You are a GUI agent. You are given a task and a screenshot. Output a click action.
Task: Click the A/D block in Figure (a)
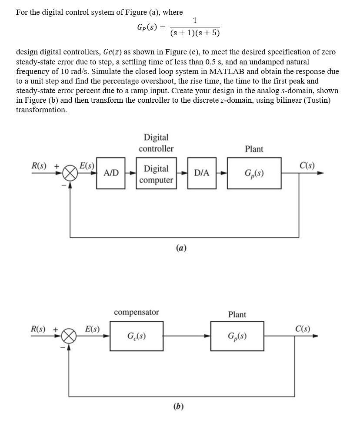click(x=111, y=173)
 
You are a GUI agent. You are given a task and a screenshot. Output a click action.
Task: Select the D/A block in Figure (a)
click(x=202, y=173)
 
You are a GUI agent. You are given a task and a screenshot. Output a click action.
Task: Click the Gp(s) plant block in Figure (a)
click(x=254, y=173)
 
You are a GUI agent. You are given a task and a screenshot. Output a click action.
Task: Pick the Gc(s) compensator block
click(x=137, y=336)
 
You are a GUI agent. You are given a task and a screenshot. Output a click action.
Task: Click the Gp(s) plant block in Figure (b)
click(x=237, y=336)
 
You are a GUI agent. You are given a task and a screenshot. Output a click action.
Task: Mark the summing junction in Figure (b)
click(x=69, y=336)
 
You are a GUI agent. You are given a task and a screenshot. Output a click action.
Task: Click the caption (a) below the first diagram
click(x=181, y=248)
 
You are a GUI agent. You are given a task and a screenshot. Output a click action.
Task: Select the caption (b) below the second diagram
click(x=178, y=407)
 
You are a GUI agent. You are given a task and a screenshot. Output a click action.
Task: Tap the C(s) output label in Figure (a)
click(x=307, y=165)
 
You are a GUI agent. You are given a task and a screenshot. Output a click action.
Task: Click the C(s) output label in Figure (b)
click(x=303, y=329)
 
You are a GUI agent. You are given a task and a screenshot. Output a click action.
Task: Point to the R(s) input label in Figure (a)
click(x=40, y=166)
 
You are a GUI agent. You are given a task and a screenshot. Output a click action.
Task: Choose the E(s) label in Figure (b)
click(x=92, y=329)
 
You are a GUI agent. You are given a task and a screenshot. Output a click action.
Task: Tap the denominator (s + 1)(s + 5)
click(x=195, y=33)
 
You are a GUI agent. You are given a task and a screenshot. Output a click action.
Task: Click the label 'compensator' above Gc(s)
click(x=136, y=313)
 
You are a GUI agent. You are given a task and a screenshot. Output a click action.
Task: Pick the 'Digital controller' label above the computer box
click(x=156, y=143)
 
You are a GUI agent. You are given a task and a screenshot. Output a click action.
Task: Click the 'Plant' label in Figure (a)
click(x=254, y=149)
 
